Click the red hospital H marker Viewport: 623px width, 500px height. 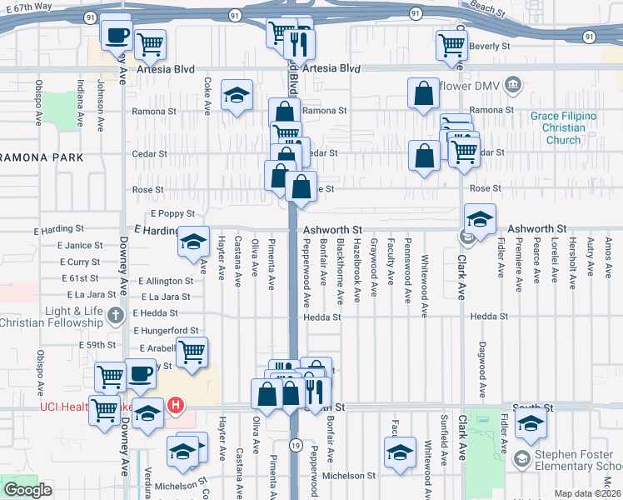click(x=175, y=406)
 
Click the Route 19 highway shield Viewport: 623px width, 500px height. click(x=295, y=447)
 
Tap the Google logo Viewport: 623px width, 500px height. click(x=27, y=490)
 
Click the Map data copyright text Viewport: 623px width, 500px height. click(x=587, y=493)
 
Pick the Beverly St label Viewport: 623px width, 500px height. click(x=489, y=47)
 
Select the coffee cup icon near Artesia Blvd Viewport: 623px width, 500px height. click(x=116, y=35)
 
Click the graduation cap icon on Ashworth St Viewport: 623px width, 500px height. click(x=480, y=220)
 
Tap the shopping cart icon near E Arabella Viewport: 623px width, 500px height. click(x=192, y=352)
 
